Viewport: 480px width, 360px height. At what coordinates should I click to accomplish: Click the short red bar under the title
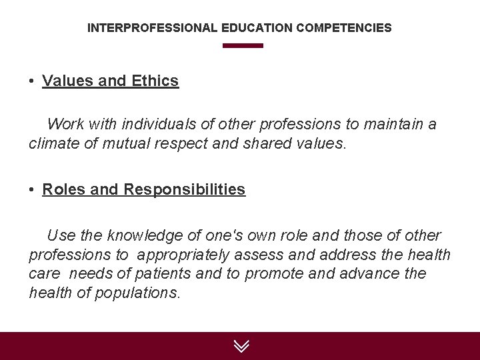click(x=243, y=46)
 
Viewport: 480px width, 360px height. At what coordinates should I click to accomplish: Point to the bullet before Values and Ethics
click(x=32, y=81)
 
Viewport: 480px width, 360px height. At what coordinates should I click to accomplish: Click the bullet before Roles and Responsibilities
click(x=32, y=190)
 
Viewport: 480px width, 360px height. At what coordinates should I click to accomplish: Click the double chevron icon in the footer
click(x=241, y=346)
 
